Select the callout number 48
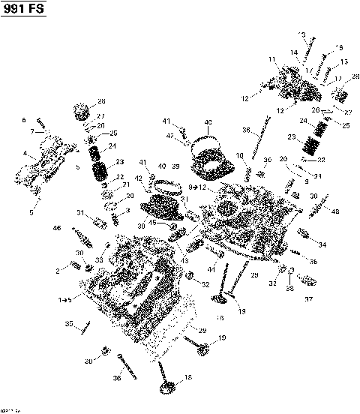[334, 211]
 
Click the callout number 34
[322, 244]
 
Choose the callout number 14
[295, 52]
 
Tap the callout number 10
[239, 155]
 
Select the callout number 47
[169, 135]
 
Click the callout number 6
[23, 120]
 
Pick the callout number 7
[31, 131]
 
